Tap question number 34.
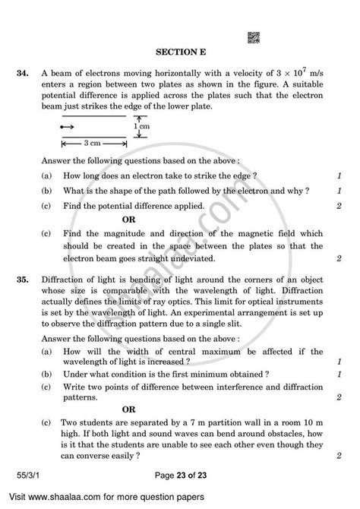tap(21, 73)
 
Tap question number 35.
tap(21, 279)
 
